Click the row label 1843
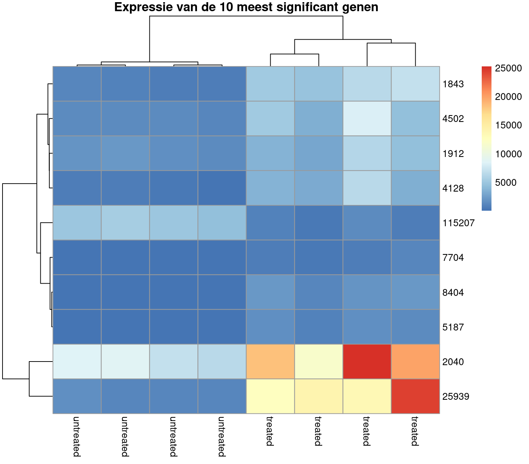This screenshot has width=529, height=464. [453, 84]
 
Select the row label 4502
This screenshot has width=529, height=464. [453, 119]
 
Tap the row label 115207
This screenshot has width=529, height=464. [458, 223]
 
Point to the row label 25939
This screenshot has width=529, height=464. [455, 397]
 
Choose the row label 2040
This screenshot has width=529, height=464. [453, 362]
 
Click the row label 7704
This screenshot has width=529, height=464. [453, 258]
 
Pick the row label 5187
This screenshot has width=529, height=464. [453, 327]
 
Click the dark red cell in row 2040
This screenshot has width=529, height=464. [367, 362]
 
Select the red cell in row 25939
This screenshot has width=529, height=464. [415, 396]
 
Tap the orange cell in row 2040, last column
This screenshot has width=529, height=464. [415, 362]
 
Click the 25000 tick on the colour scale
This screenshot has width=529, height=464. [508, 68]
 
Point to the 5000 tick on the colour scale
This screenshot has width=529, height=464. [506, 183]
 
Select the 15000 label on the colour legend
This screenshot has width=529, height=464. [508, 125]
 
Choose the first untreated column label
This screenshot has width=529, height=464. [76, 436]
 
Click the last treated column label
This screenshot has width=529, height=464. [415, 431]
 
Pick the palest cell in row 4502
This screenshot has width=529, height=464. [367, 118]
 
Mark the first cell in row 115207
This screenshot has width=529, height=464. [77, 223]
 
